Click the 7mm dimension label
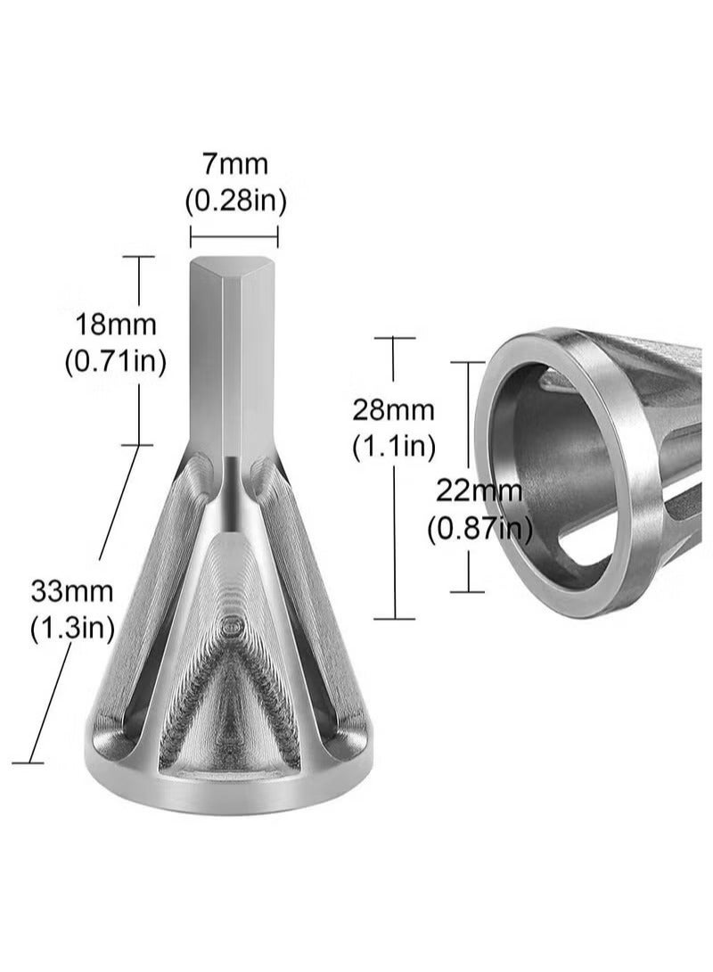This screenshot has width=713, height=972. click(x=235, y=164)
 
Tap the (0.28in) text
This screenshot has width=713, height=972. click(x=235, y=202)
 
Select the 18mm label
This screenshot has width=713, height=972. click(x=116, y=323)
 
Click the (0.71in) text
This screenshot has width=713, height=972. click(x=116, y=362)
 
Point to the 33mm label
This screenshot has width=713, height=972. click(x=72, y=589)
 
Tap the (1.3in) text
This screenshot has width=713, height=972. click(x=72, y=629)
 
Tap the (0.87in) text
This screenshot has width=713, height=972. click(x=479, y=530)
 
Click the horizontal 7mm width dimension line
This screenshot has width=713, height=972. click(x=234, y=236)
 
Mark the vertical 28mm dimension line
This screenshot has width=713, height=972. click(x=394, y=535)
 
